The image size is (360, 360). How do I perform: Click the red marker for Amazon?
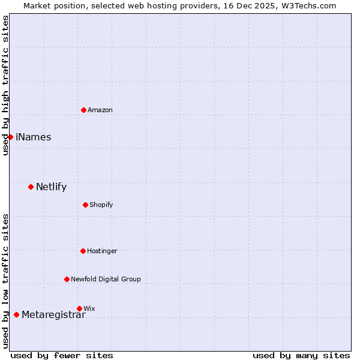pos(83,110)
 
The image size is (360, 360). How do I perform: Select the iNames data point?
pos(10,137)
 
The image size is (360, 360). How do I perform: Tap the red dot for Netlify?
pos(31,187)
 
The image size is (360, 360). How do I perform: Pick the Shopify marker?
pos(85,205)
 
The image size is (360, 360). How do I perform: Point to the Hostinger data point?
pos(83,251)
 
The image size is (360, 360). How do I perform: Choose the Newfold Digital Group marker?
pos(67,279)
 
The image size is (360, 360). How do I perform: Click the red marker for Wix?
pos(79,308)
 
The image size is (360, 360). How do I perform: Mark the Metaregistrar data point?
pos(16,314)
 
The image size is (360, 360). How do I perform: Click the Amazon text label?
pos(100,110)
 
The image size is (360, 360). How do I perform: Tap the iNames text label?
pos(34,137)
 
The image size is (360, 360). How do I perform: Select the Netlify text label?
pos(52,187)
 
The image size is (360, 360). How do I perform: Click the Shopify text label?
pos(101,205)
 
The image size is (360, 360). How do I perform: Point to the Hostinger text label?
pos(103,251)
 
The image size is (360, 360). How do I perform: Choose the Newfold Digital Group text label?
pos(106,279)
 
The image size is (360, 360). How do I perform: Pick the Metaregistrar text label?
pos(54,315)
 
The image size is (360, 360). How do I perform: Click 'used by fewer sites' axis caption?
pos(62,355)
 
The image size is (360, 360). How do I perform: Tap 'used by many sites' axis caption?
pos(301,355)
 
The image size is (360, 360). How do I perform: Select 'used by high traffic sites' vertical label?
pos(5,85)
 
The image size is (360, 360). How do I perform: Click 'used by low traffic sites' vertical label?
pos(5,281)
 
